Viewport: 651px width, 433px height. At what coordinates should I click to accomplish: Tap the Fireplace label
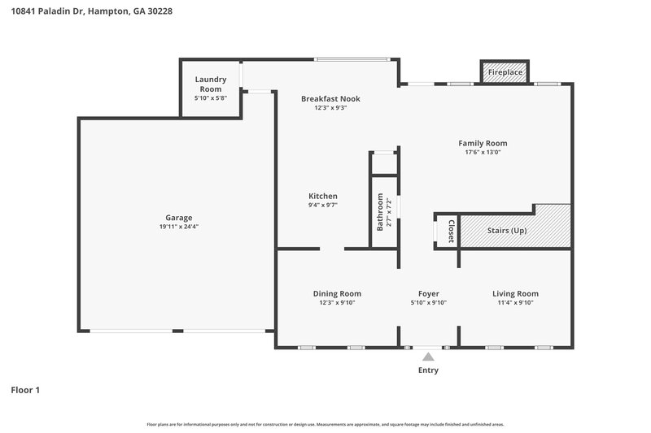tap(505, 73)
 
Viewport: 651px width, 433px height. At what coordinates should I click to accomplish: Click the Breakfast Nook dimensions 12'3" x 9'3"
tap(330, 107)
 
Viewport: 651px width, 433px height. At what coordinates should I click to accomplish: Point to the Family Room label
tap(483, 143)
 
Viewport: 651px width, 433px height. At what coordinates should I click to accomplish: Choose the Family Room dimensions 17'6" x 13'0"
tap(483, 152)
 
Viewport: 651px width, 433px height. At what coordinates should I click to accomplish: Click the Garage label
tap(179, 218)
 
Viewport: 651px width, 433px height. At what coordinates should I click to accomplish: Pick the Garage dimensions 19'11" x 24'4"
tap(179, 227)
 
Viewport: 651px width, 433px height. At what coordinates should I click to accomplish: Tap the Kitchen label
tap(322, 196)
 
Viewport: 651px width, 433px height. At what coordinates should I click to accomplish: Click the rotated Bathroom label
tap(380, 212)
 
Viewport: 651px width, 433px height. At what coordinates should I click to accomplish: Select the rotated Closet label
tap(451, 232)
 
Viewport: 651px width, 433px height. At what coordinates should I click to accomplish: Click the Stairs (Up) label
tap(506, 231)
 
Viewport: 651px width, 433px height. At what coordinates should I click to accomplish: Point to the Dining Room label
tap(337, 293)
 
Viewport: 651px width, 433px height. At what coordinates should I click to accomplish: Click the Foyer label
tap(428, 293)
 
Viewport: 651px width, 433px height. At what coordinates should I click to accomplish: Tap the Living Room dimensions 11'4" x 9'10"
tap(515, 302)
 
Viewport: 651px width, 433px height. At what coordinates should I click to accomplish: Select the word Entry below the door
tap(428, 370)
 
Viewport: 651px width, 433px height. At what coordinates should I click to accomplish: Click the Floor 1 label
tap(25, 390)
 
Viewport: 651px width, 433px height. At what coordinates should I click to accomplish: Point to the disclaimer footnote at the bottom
tap(325, 424)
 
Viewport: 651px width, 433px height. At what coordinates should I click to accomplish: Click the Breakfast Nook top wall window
tap(352, 59)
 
